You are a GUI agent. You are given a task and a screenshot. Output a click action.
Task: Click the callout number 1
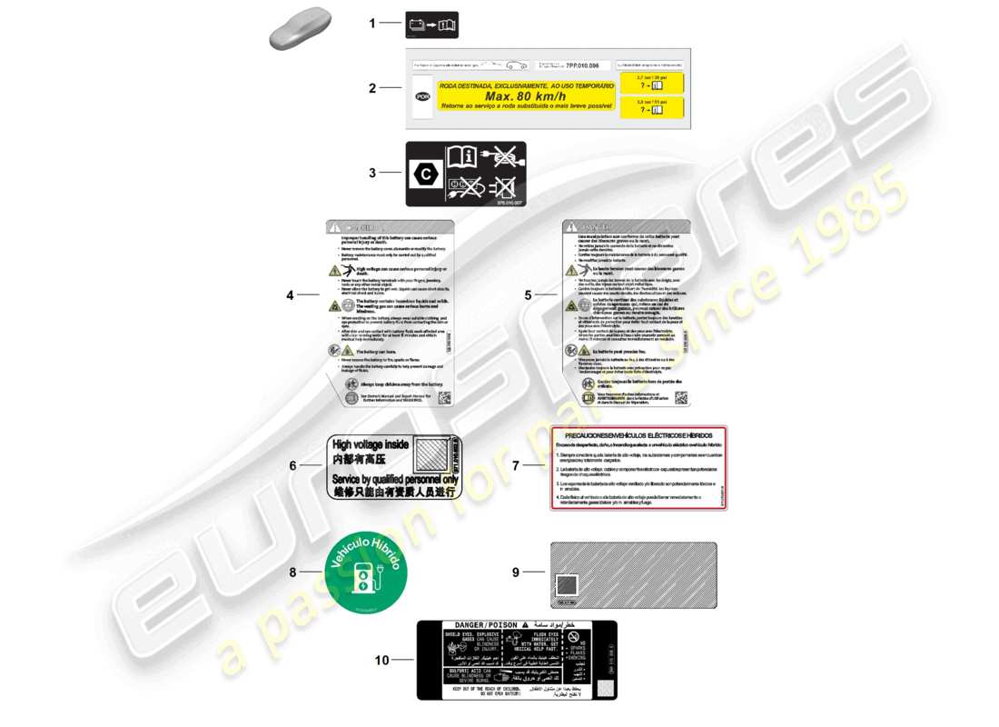[x=371, y=24]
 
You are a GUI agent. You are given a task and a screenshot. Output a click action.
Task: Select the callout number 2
[x=371, y=88]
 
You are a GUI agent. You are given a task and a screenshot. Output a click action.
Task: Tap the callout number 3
[x=371, y=173]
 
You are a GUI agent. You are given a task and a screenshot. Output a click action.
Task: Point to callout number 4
[x=291, y=295]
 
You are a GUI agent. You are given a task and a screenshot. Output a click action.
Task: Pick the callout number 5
[x=528, y=295]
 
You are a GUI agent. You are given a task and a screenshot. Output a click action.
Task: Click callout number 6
[x=292, y=465]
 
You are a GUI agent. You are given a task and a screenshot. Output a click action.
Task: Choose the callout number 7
[x=515, y=465]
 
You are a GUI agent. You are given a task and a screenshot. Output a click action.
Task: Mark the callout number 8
[x=292, y=573]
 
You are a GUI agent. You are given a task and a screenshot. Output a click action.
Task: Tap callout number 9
[x=515, y=573]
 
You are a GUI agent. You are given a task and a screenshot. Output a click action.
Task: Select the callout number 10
[x=381, y=661]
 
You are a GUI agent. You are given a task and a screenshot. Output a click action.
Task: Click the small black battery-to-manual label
[x=431, y=25]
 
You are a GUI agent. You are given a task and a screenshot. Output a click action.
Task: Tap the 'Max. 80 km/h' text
[x=525, y=96]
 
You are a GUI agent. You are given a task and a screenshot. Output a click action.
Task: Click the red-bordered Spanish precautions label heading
[x=638, y=436]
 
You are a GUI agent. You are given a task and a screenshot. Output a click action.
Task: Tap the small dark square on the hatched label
[x=566, y=586]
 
